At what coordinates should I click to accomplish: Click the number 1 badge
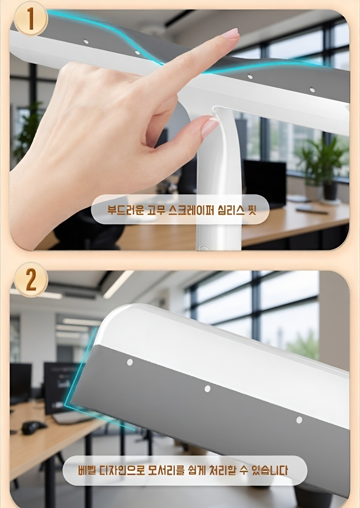coord(30,19)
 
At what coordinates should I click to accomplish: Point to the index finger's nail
coord(231,34)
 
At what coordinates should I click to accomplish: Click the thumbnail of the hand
coord(210,127)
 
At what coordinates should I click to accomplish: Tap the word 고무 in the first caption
coord(154,210)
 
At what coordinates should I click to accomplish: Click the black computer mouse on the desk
coord(33,427)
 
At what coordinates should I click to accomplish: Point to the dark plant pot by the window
coord(330,191)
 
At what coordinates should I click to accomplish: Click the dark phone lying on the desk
coord(311,210)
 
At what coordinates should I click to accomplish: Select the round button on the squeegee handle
coord(204,249)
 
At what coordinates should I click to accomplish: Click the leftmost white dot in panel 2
coord(130,362)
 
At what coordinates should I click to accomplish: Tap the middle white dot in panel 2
coord(207,389)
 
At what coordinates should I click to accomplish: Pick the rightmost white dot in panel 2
coord(299,420)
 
